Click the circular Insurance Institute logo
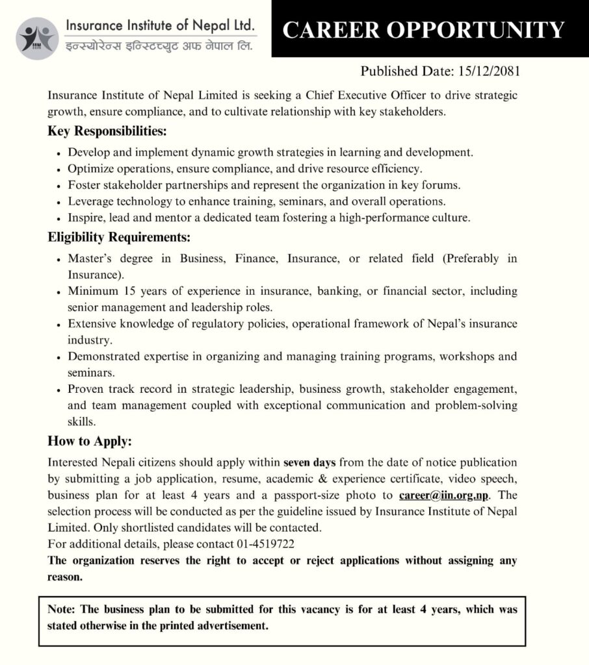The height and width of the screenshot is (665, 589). (x=37, y=38)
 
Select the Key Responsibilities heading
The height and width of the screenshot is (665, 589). (x=107, y=131)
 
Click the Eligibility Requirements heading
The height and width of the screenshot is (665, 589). (x=119, y=238)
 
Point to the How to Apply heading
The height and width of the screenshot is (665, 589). (x=90, y=442)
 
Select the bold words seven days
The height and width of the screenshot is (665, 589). (x=309, y=463)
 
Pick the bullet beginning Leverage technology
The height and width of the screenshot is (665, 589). (x=257, y=201)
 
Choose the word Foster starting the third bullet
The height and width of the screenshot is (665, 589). (x=84, y=185)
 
